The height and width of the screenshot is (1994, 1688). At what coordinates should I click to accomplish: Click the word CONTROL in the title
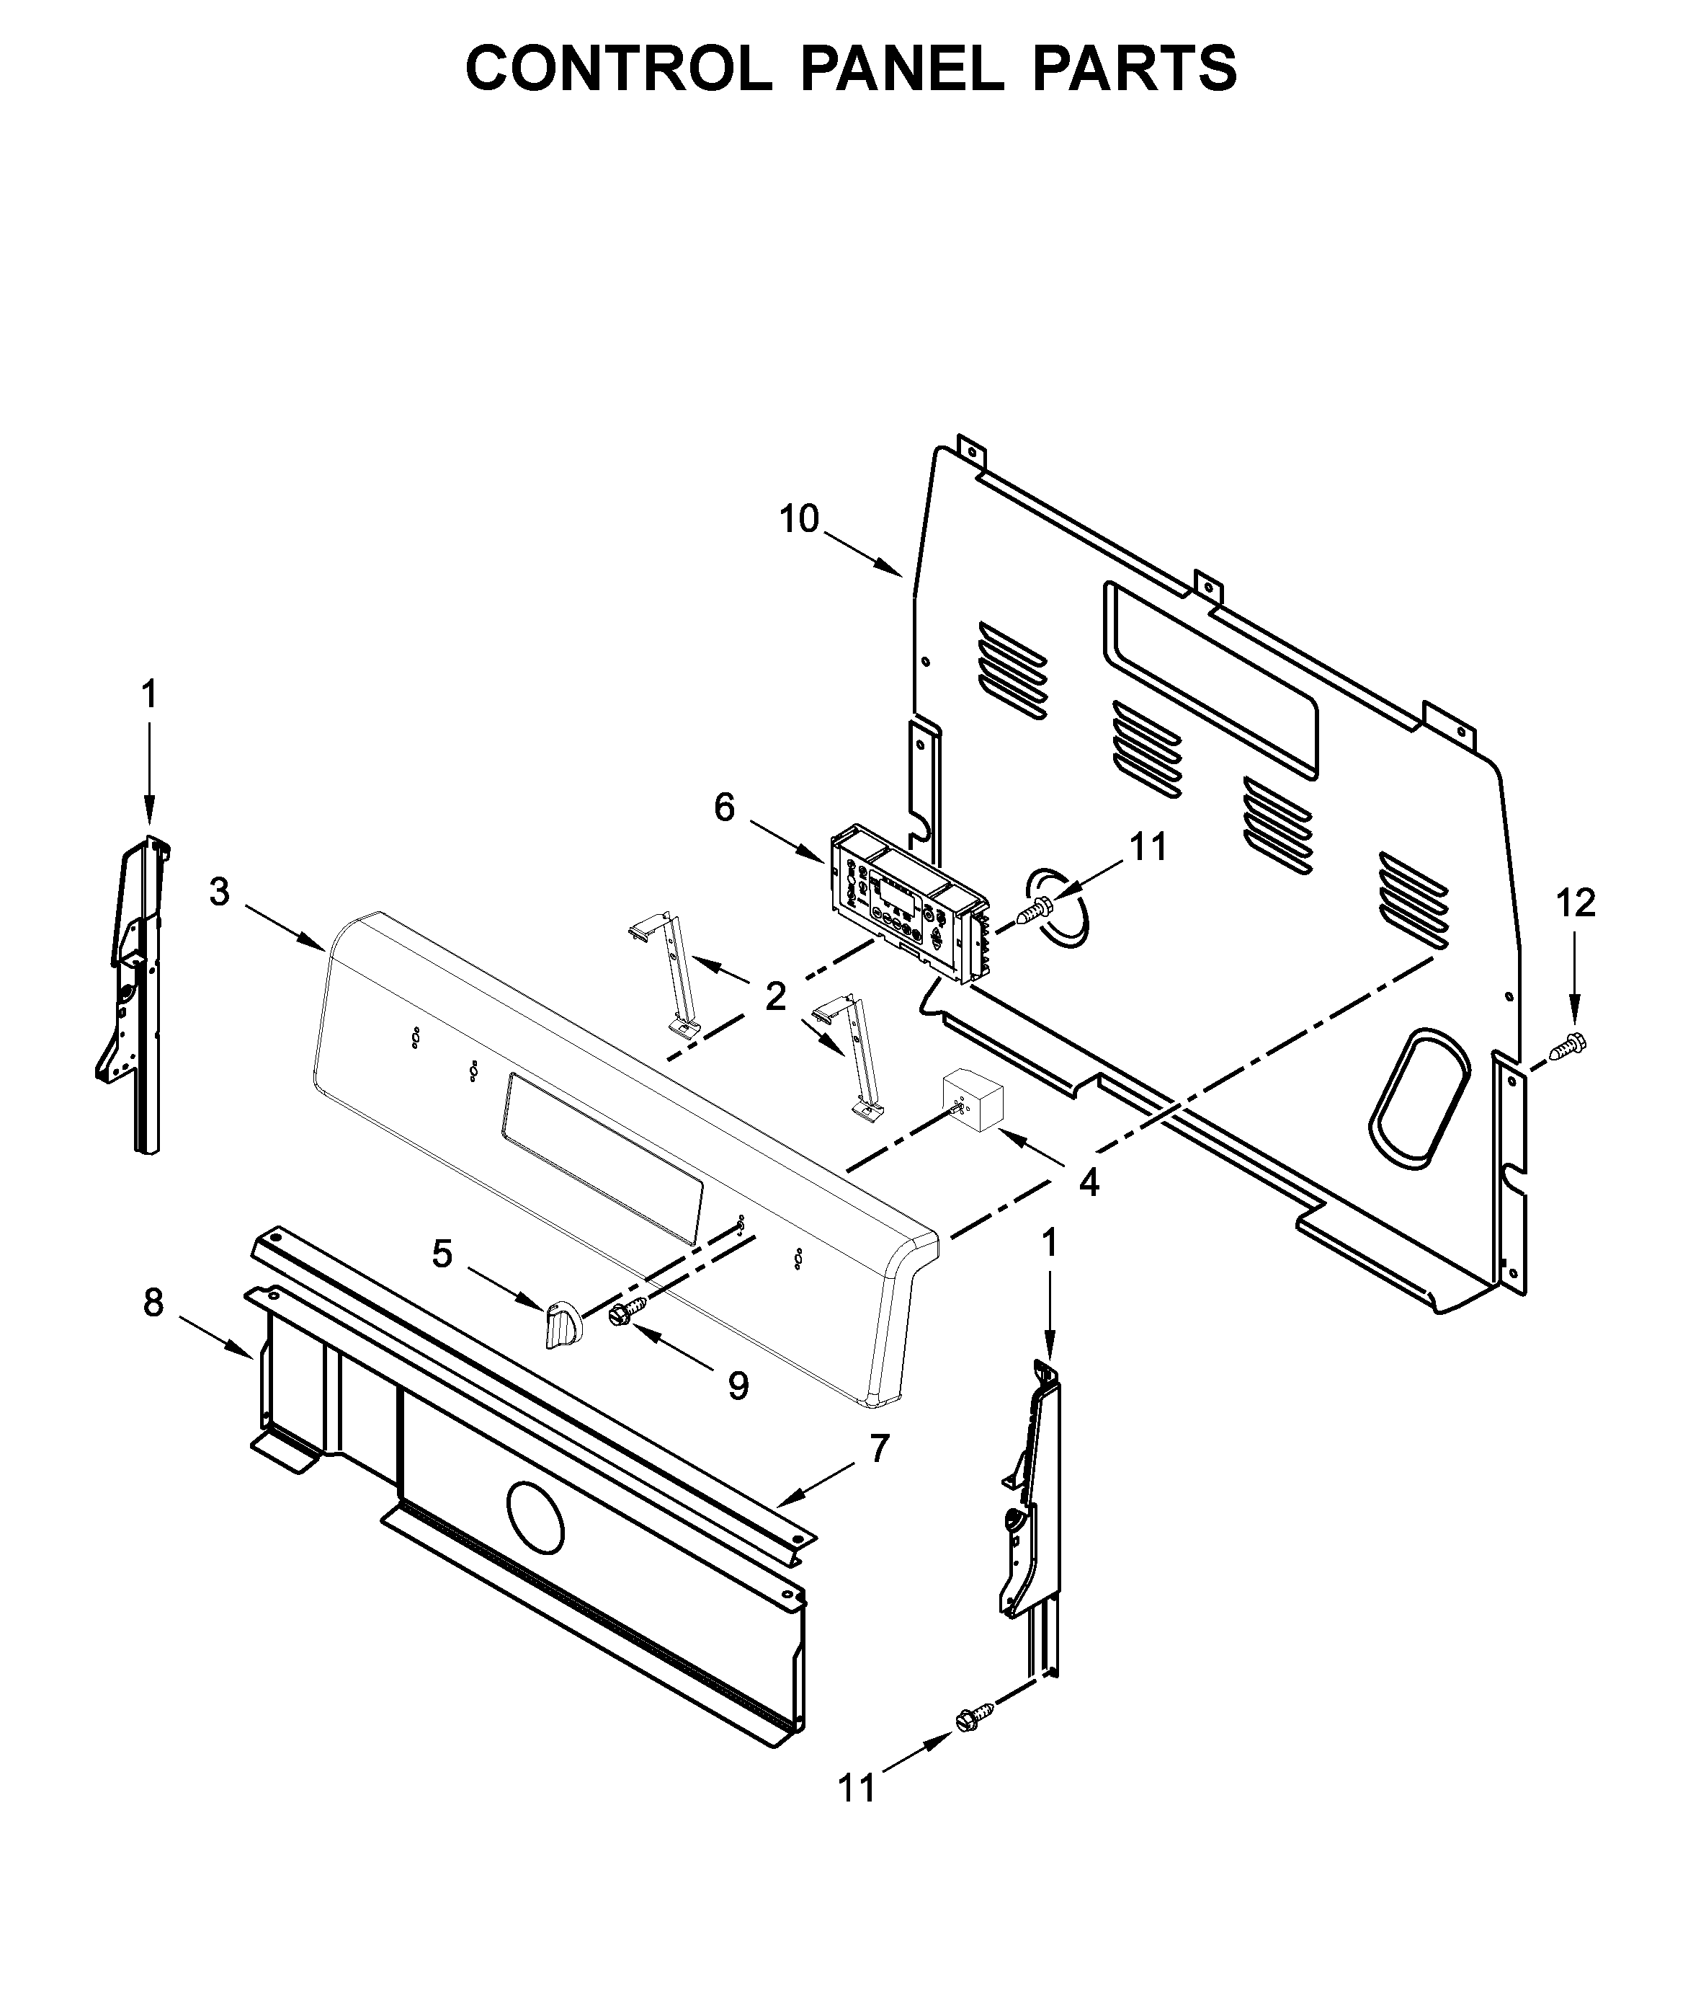point(618,69)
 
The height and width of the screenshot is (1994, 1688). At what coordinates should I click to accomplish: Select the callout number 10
point(799,520)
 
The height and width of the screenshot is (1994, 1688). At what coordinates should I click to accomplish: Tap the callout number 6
point(724,809)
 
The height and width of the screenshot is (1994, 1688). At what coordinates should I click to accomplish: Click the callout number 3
point(219,892)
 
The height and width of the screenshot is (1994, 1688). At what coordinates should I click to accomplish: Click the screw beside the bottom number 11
point(971,1719)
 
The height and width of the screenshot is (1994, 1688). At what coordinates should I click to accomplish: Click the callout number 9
point(738,1385)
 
